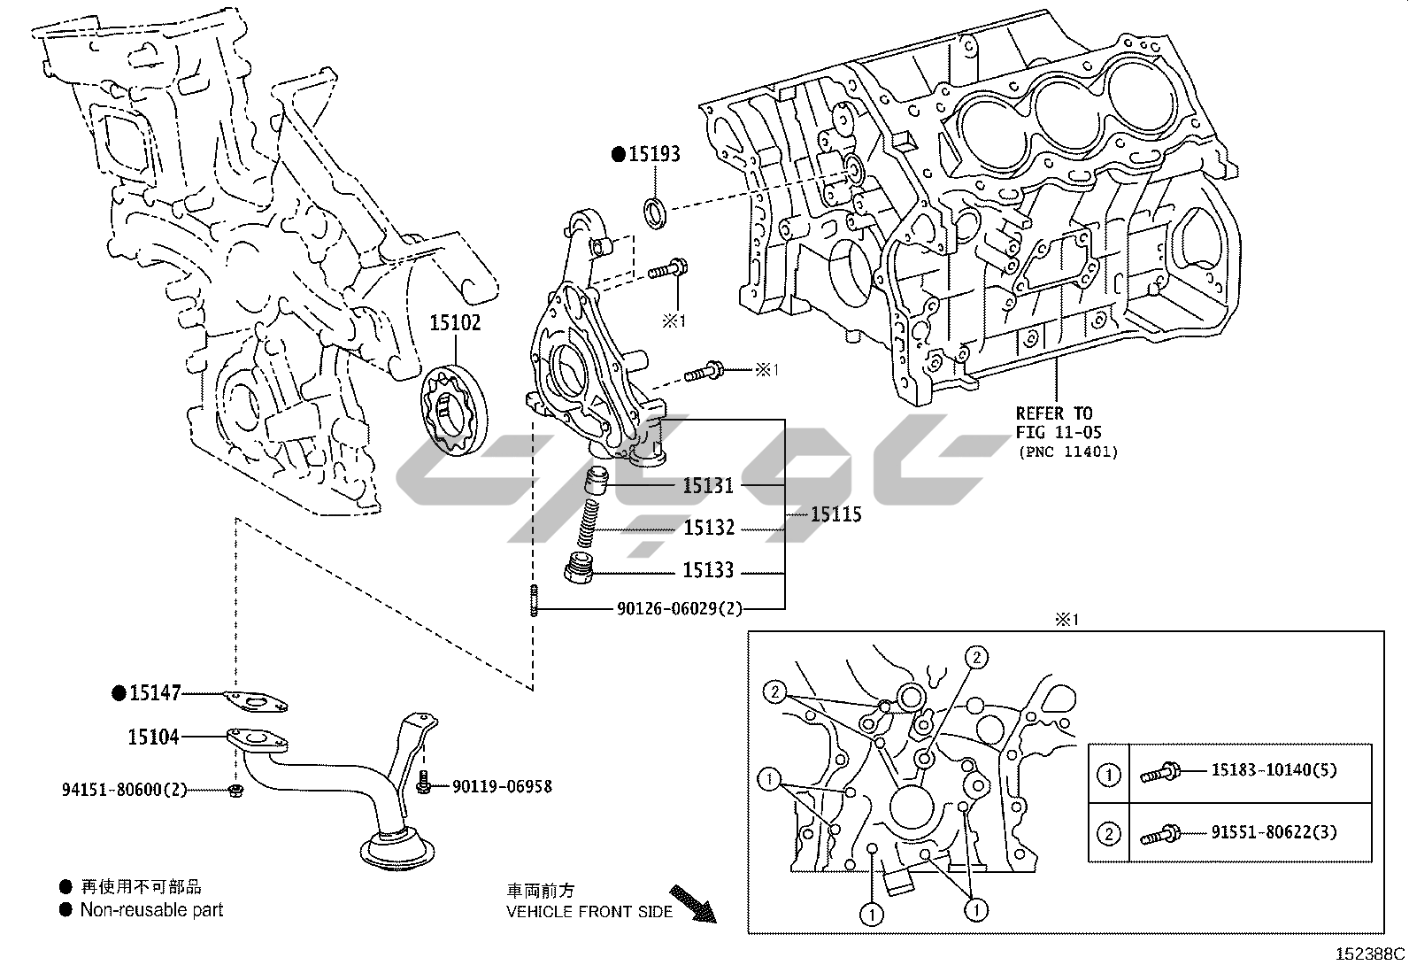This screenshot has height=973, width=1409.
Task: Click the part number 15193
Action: point(654,154)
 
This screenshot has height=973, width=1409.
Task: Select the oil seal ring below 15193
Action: point(656,212)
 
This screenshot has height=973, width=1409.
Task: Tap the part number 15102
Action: point(455,323)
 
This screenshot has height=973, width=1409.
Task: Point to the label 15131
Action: point(708,486)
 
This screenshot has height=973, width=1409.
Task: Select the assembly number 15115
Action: point(836,515)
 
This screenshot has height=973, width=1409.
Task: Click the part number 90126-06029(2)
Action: point(679,609)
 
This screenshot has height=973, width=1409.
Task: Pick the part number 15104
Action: point(153,737)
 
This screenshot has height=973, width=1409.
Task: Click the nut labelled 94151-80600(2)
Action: point(236,789)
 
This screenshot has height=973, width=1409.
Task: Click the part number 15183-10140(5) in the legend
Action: point(1274,770)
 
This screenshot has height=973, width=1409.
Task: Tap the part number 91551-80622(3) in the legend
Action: point(1274,832)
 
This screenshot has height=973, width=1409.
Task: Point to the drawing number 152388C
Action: point(1370,954)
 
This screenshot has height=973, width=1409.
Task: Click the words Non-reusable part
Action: point(151,910)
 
